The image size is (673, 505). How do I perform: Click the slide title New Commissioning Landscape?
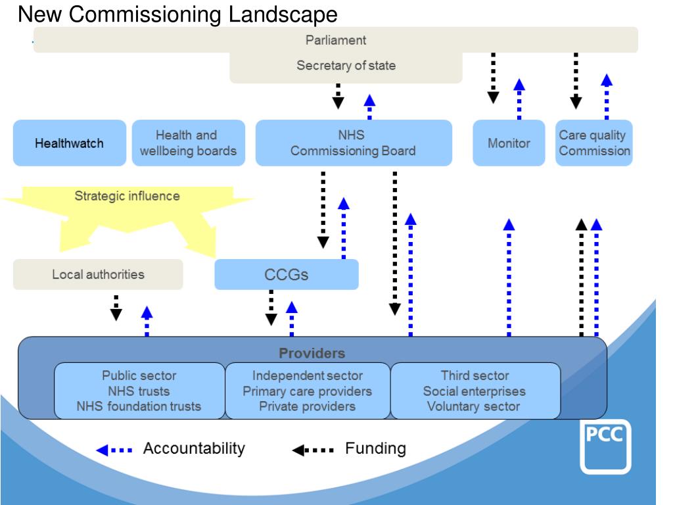click(x=177, y=14)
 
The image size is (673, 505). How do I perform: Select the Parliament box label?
click(x=336, y=40)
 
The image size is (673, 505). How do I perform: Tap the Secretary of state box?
click(x=346, y=66)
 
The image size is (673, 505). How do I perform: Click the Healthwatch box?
click(x=69, y=143)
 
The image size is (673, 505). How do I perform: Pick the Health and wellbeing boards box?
click(x=188, y=143)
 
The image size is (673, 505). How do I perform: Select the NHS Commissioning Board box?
click(x=353, y=143)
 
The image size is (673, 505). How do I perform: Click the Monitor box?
click(x=509, y=143)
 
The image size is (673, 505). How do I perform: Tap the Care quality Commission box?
click(x=594, y=143)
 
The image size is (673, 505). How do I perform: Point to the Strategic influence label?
click(x=127, y=196)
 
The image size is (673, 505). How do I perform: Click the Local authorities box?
click(x=98, y=274)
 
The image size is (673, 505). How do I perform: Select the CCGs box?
click(x=287, y=274)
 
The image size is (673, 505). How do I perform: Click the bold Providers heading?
click(x=312, y=353)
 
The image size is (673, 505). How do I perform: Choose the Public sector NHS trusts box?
click(x=139, y=391)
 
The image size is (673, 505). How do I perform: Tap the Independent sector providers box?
click(x=308, y=391)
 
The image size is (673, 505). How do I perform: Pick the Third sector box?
click(x=475, y=391)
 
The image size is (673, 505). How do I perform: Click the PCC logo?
click(x=605, y=446)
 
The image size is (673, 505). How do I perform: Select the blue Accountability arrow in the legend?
click(x=114, y=450)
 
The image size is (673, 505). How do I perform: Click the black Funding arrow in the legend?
click(x=313, y=450)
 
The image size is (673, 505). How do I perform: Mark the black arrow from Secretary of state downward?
click(x=338, y=95)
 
